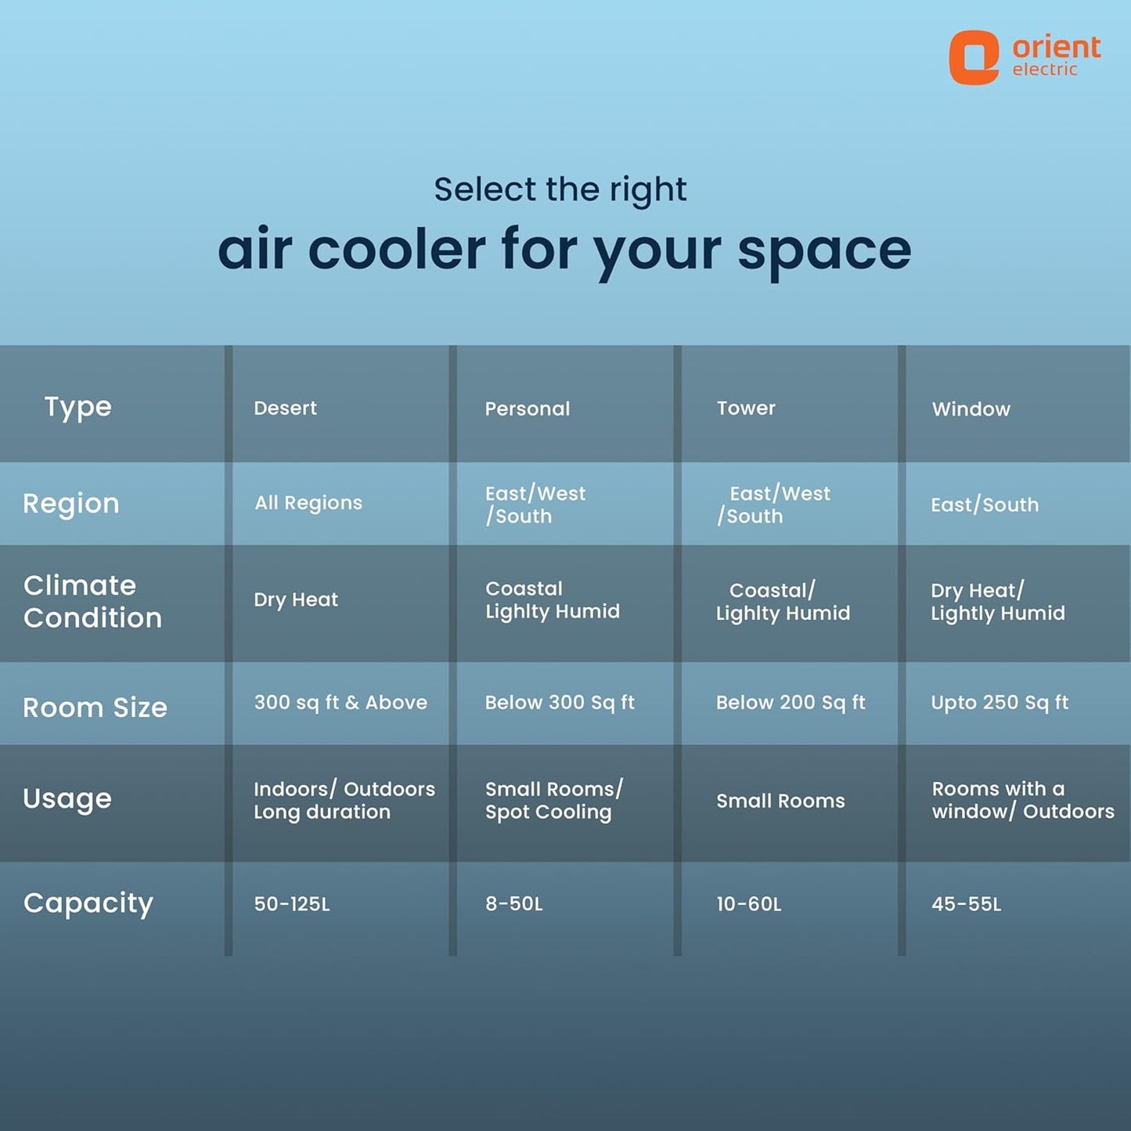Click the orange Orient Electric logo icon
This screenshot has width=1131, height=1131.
[974, 57]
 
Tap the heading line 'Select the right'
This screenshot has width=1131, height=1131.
[560, 189]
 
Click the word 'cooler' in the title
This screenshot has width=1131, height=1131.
[397, 249]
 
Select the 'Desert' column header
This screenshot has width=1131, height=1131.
[285, 408]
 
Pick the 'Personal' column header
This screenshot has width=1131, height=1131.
[527, 409]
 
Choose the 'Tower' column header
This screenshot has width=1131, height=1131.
[746, 408]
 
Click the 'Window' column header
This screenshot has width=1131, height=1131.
[971, 409]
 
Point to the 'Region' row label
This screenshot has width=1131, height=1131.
[71, 504]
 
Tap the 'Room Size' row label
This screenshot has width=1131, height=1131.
[95, 708]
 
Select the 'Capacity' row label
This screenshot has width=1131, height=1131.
[88, 904]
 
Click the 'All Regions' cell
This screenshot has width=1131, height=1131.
[308, 503]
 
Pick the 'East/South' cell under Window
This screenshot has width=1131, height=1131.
[985, 505]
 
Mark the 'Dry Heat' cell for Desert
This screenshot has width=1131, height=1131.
[296, 600]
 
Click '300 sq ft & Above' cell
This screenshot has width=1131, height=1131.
[340, 703]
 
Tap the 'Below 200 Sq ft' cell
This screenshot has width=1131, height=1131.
[791, 703]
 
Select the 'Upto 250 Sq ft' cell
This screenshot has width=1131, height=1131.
[1000, 703]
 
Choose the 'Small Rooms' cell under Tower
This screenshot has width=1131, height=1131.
[780, 801]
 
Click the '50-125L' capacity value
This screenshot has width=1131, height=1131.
[292, 904]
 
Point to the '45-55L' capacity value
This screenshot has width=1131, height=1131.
[966, 904]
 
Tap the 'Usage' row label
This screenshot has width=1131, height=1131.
[67, 799]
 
